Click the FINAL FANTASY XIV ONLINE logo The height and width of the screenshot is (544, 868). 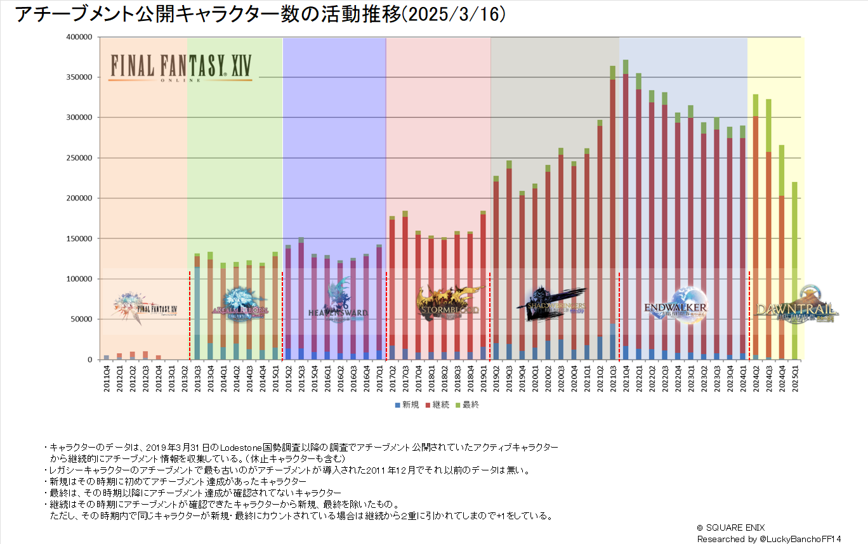pyautogui.click(x=181, y=67)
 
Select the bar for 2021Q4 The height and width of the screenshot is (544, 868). pyautogui.click(x=626, y=216)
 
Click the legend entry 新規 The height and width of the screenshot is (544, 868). pyautogui.click(x=406, y=405)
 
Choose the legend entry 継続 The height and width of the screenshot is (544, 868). pyautogui.click(x=437, y=405)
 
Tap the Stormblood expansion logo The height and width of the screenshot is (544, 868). pyautogui.click(x=448, y=304)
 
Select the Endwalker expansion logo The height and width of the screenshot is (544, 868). pyautogui.click(x=676, y=306)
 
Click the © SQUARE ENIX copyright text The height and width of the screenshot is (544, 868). pyautogui.click(x=732, y=528)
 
